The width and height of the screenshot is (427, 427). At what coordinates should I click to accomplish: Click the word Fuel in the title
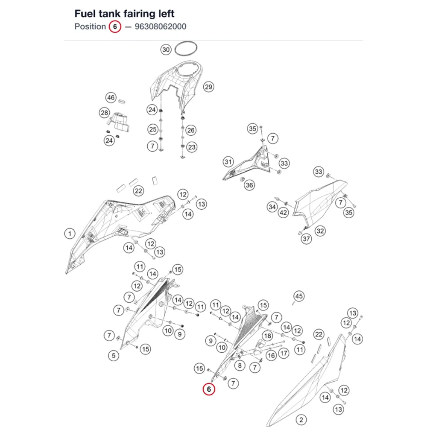(x=85, y=14)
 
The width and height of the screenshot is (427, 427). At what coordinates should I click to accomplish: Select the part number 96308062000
(x=161, y=26)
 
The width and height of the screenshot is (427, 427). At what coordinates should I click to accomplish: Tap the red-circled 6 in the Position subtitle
(x=115, y=26)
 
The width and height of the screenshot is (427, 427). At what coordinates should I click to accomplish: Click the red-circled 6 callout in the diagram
(x=209, y=389)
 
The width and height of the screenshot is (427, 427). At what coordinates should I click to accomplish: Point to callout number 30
(x=166, y=50)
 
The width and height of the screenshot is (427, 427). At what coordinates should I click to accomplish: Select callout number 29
(x=209, y=87)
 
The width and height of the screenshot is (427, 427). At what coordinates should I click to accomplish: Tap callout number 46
(x=111, y=97)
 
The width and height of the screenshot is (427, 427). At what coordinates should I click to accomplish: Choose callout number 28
(x=104, y=113)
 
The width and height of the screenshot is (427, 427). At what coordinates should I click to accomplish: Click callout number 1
(x=70, y=234)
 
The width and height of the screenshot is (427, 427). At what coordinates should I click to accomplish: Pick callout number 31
(x=228, y=162)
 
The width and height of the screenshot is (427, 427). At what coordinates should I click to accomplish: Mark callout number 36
(x=249, y=185)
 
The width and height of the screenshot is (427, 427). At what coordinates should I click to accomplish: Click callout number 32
(x=320, y=231)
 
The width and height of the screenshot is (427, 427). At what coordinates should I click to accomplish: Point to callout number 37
(x=306, y=239)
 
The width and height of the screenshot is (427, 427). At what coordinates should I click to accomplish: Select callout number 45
(x=299, y=296)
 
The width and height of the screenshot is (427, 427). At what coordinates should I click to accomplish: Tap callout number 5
(x=114, y=355)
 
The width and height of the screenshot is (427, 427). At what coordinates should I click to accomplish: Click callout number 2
(x=301, y=420)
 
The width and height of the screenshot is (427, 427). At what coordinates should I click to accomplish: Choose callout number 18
(x=268, y=336)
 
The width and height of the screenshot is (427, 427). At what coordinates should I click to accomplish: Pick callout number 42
(x=283, y=212)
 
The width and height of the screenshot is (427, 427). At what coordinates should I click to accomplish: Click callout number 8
(x=240, y=365)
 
